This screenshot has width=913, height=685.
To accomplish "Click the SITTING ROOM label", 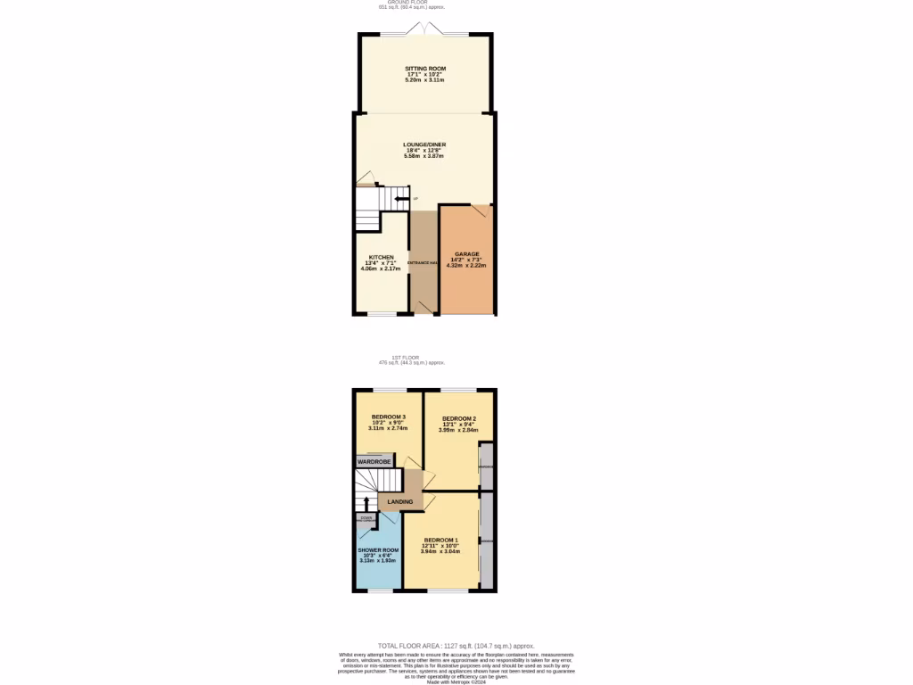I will pos(424,69).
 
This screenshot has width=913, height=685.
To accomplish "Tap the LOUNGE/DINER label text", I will pos(424,144).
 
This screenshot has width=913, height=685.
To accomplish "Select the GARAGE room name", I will pos(466,254).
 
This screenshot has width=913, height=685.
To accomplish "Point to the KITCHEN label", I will pos(382,257).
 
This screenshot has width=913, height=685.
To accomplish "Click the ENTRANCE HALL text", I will pos(424,263).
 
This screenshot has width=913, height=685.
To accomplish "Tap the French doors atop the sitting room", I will pos(424,30).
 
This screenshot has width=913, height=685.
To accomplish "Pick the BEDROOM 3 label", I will pos(389,417).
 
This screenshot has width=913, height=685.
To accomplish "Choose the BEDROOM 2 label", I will pos(459,419).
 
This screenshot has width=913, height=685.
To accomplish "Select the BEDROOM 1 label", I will pos(440,541).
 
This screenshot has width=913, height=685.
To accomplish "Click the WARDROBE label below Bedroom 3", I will pos(374,462).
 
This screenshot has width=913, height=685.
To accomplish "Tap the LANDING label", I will pos(400,502).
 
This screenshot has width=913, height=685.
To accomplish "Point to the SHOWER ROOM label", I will pos(376,549).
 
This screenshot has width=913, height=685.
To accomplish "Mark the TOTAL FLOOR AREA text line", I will pos(456,645).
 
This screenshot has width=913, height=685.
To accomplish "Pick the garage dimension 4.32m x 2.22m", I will pos(467,265).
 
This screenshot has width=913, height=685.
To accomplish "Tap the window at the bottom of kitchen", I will pos(382,314).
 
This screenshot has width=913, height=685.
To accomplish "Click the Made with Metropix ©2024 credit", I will pos(456,682).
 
